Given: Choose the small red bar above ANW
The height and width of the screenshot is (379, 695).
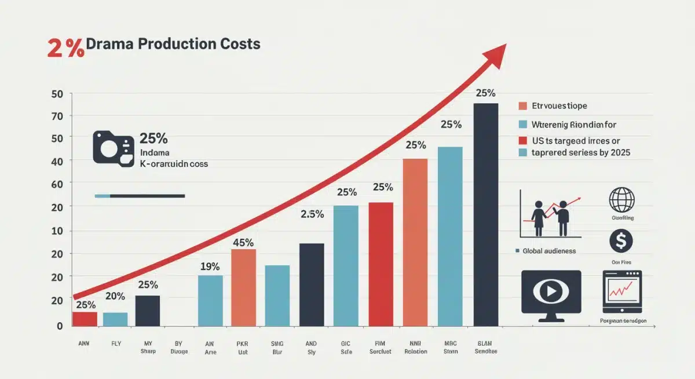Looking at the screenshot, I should [x=85, y=319].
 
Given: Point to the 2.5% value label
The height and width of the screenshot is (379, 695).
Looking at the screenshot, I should [x=312, y=214].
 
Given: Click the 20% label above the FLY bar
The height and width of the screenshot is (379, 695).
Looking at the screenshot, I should [x=115, y=296].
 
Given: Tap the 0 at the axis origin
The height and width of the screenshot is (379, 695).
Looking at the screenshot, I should [x=59, y=326].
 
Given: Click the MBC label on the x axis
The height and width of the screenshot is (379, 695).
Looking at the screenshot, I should [x=450, y=343].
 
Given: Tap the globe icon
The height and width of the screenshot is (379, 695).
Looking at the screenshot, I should [x=621, y=200].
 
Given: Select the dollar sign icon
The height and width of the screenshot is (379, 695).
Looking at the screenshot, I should [x=621, y=241].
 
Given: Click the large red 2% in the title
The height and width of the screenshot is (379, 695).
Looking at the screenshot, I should [x=65, y=48].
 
